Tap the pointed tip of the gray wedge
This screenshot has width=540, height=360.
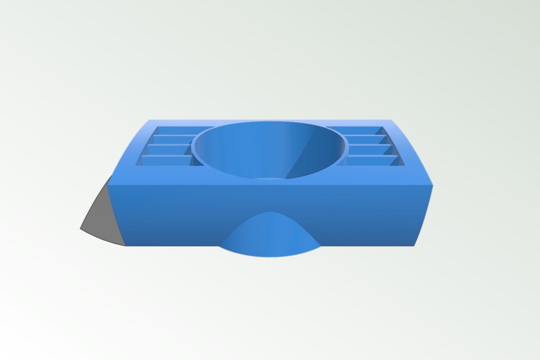tap(81, 228)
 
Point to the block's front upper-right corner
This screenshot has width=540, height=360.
tap(432, 185)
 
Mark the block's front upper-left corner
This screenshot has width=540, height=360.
tap(108, 185)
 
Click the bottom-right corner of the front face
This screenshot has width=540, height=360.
tap(414, 246)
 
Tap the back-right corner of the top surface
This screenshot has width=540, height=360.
tap(391, 120)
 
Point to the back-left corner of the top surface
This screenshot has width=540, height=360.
tap(149, 120)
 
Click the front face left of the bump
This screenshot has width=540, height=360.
tap(168, 216)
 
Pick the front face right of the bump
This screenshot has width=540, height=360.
tap(368, 216)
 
